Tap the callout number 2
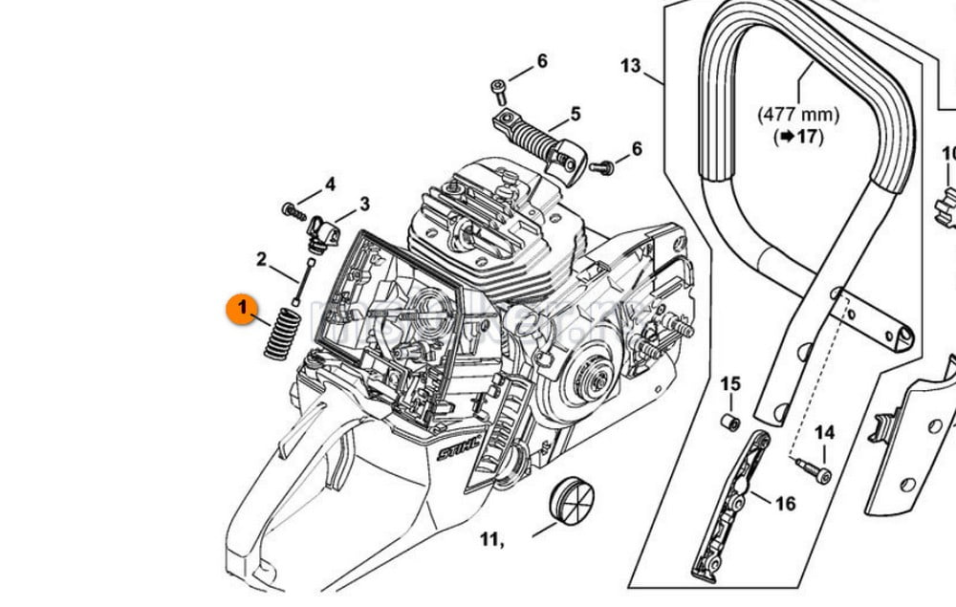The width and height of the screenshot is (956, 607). point(260,259)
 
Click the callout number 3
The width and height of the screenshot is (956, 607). point(363,204)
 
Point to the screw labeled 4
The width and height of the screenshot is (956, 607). point(291,207)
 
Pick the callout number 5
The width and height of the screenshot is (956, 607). point(576,115)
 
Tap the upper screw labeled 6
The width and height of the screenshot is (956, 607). point(500,88)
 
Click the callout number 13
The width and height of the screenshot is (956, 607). point(630,66)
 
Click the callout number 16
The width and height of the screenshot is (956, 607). point(785,504)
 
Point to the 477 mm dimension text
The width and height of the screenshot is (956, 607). point(798,115)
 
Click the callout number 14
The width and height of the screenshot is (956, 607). point(824,433)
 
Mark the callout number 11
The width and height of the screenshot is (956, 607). point(491,541)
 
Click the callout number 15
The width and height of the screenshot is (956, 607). point(730,384)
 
